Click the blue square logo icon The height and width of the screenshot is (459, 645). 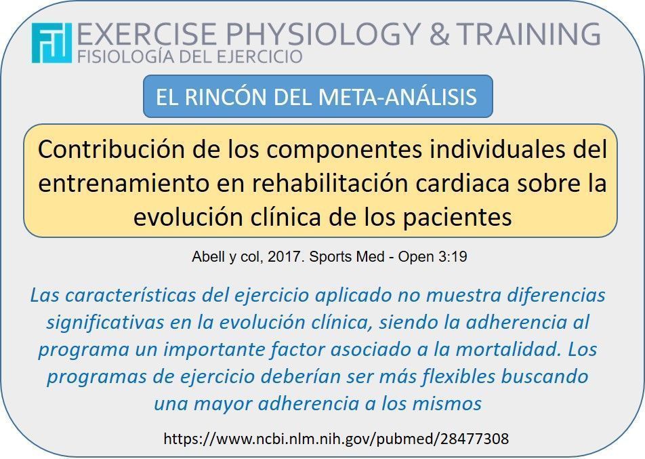click(x=51, y=43)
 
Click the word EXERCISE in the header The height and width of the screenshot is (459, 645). click(x=146, y=34)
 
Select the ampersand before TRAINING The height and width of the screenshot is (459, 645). click(x=439, y=34)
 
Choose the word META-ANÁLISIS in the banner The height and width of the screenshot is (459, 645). click(x=397, y=97)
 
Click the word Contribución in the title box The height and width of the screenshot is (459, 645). click(x=111, y=149)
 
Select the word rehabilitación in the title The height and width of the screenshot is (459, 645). click(x=330, y=183)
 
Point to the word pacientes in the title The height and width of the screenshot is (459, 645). click(x=457, y=218)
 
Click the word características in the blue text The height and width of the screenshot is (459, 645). click(x=130, y=295)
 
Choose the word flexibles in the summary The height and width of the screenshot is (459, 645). click(x=458, y=376)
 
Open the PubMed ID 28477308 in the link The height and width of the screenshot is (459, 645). click(x=474, y=439)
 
